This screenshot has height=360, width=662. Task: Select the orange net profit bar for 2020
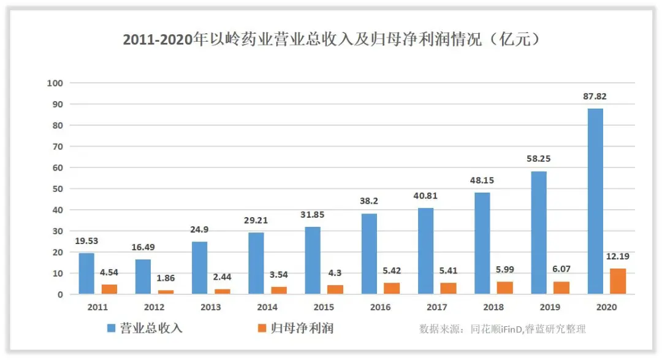(618, 281)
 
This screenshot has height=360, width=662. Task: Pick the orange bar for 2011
(109, 289)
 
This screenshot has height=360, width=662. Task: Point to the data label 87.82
(595, 96)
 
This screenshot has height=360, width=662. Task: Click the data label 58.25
(538, 158)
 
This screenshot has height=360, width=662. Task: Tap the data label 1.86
(165, 278)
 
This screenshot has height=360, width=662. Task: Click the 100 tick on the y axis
(56, 83)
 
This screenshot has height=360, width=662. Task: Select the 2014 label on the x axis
(267, 307)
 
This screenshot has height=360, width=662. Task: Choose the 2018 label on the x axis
(493, 307)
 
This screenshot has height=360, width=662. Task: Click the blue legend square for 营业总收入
(112, 329)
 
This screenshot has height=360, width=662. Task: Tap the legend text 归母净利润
(302, 329)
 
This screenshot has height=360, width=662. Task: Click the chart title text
(331, 40)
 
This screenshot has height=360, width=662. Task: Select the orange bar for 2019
(562, 288)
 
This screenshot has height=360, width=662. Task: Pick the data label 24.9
(201, 229)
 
